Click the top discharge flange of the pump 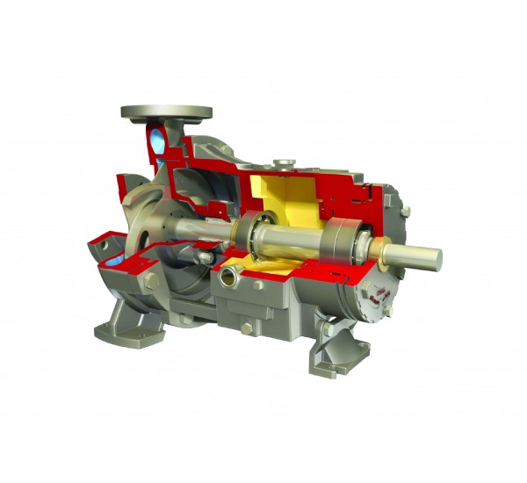tap(166, 112)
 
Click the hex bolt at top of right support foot tap(327, 328)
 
